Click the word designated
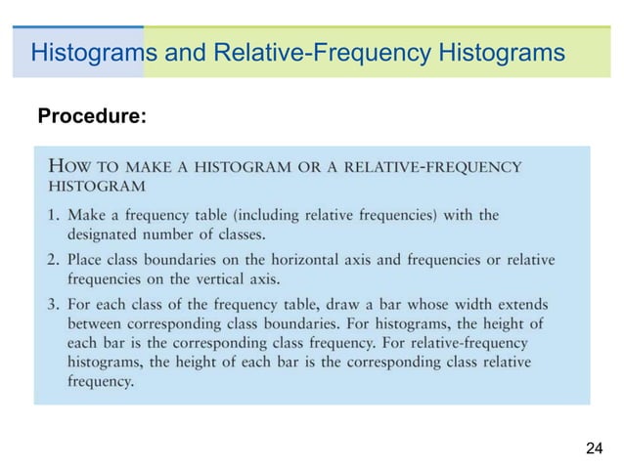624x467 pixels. point(107,233)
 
